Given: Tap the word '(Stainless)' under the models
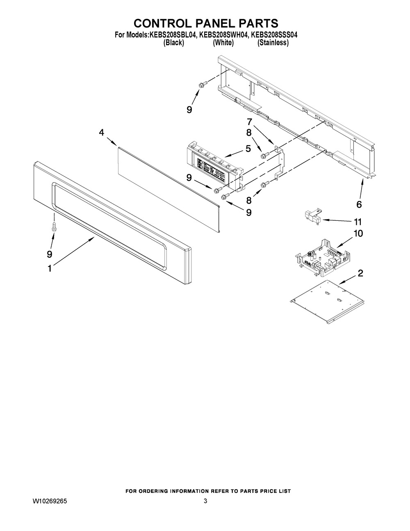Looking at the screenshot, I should pyautogui.click(x=273, y=43).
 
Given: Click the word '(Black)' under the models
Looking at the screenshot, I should pyautogui.click(x=173, y=43).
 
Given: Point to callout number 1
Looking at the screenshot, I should pyautogui.click(x=50, y=268).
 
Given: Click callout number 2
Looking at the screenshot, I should pyautogui.click(x=360, y=274).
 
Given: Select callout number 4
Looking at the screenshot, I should pyautogui.click(x=102, y=133).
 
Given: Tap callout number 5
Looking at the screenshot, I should pyautogui.click(x=248, y=149).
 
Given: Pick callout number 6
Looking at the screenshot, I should pyautogui.click(x=359, y=204).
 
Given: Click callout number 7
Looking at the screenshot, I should pyautogui.click(x=249, y=122).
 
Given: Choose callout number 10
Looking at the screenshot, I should pyautogui.click(x=358, y=233).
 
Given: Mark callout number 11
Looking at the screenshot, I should pyautogui.click(x=358, y=222).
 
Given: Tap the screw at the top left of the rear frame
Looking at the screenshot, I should pyautogui.click(x=201, y=85).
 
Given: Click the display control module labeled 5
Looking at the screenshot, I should pyautogui.click(x=213, y=166).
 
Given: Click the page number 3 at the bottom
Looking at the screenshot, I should pyautogui.click(x=205, y=501).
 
